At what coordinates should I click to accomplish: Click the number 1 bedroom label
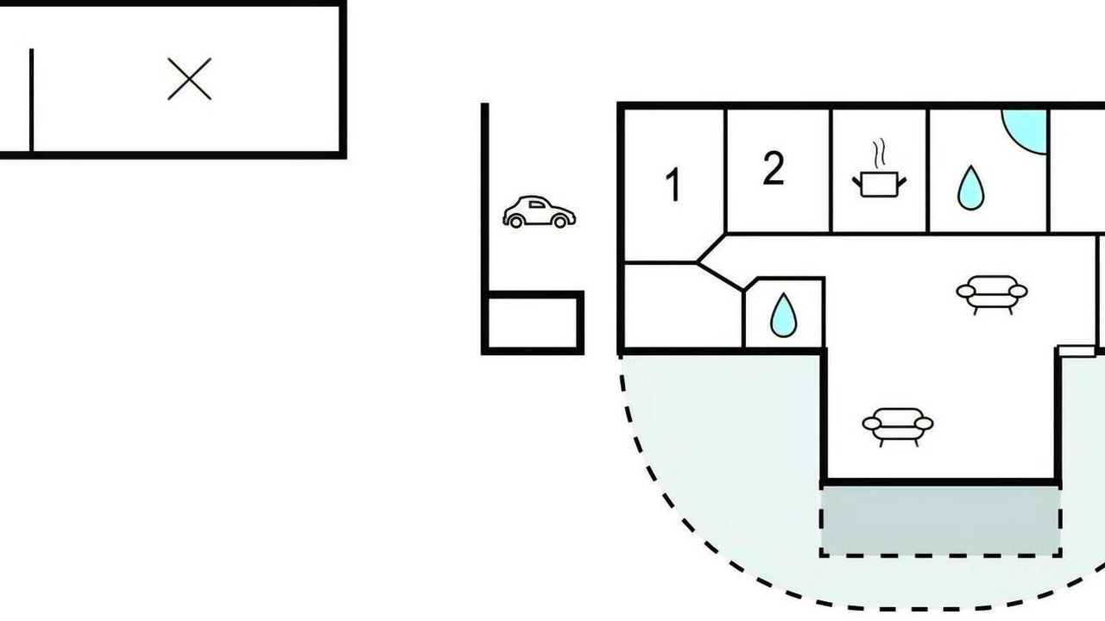(x=672, y=185)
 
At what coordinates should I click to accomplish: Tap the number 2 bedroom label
(x=773, y=168)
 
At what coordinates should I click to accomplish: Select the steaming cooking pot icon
(x=879, y=168)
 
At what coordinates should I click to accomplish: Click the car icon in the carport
(x=540, y=212)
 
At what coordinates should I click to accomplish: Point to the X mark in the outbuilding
(x=189, y=78)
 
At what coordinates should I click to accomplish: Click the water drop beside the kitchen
(x=970, y=188)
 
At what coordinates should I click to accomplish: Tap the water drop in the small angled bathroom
(x=783, y=316)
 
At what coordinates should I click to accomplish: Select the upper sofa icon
(x=992, y=295)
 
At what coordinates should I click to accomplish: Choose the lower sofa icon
(x=898, y=427)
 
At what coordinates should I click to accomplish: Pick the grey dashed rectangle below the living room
(x=941, y=522)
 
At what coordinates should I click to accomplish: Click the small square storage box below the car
(x=533, y=323)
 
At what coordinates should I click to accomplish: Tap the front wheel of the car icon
(x=560, y=222)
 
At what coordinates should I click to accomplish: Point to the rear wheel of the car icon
(x=516, y=222)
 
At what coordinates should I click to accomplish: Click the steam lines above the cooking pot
(x=879, y=154)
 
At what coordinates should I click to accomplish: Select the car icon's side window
(x=538, y=204)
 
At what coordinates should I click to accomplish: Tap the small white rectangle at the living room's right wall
(x=1077, y=351)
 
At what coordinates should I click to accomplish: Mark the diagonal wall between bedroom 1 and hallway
(x=711, y=248)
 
